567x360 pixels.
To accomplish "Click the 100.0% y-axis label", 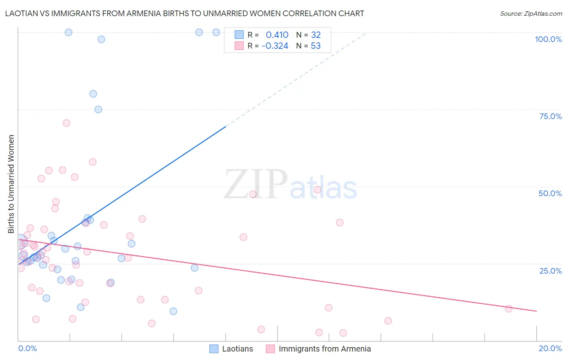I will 548,39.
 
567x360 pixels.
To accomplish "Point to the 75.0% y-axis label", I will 550,116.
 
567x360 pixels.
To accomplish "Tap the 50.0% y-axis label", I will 550,193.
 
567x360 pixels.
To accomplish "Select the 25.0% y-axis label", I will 550,271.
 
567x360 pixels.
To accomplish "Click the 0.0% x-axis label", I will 27,348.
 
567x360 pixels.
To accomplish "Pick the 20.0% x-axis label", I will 550,348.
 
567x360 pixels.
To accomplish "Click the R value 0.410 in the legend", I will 277,35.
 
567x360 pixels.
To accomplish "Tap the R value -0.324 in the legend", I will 275,46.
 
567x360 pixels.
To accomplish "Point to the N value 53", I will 316,46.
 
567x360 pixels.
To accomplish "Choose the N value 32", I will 316,35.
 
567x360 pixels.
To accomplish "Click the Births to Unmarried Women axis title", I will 11,184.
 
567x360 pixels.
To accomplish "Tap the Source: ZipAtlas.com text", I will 531,14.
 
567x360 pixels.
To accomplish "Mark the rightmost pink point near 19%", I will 509,309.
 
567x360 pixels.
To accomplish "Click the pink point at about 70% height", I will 67,123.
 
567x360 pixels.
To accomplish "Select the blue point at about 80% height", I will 93,94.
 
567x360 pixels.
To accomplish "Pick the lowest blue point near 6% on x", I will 173,311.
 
